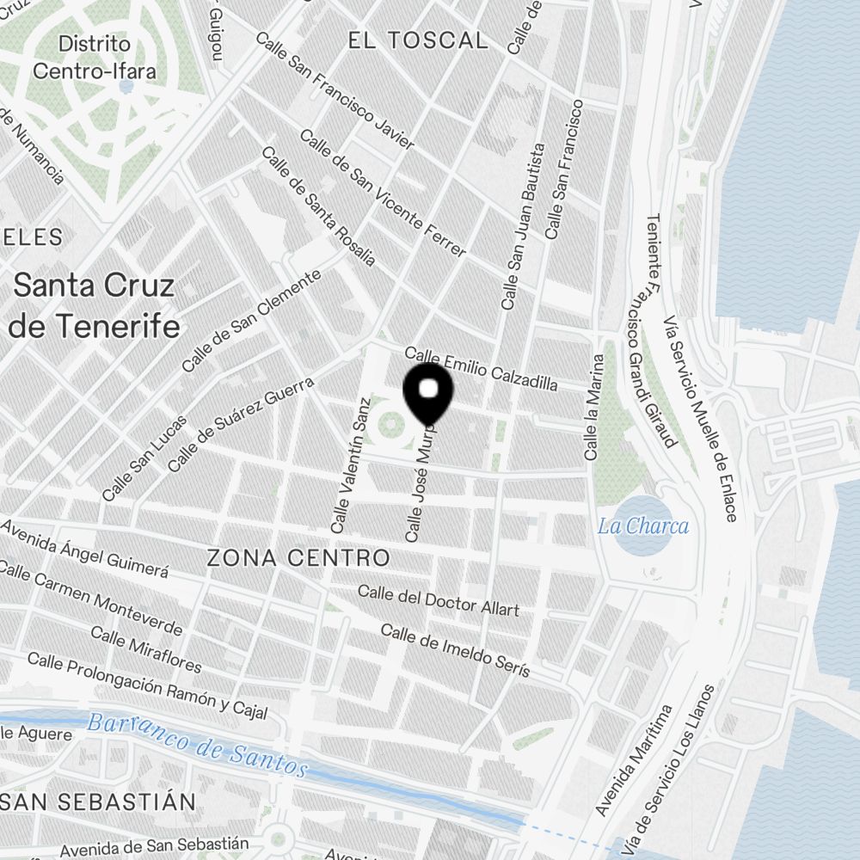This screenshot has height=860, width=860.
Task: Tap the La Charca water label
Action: [643, 525]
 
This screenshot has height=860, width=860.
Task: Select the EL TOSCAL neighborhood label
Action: [418, 40]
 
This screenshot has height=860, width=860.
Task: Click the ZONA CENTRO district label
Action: [298, 557]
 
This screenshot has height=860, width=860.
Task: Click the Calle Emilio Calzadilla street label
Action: [481, 369]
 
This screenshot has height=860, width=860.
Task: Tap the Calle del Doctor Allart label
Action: [439, 600]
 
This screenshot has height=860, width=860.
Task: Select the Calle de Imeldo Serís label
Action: [455, 650]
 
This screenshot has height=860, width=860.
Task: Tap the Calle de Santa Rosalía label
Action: [318, 206]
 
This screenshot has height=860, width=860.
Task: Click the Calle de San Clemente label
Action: [251, 321]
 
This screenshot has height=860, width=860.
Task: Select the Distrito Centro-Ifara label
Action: [95, 57]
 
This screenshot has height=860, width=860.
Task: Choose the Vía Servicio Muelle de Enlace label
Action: [700, 418]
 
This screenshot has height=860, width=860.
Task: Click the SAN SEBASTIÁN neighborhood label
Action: [98, 802]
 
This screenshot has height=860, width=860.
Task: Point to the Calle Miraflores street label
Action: [146, 650]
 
